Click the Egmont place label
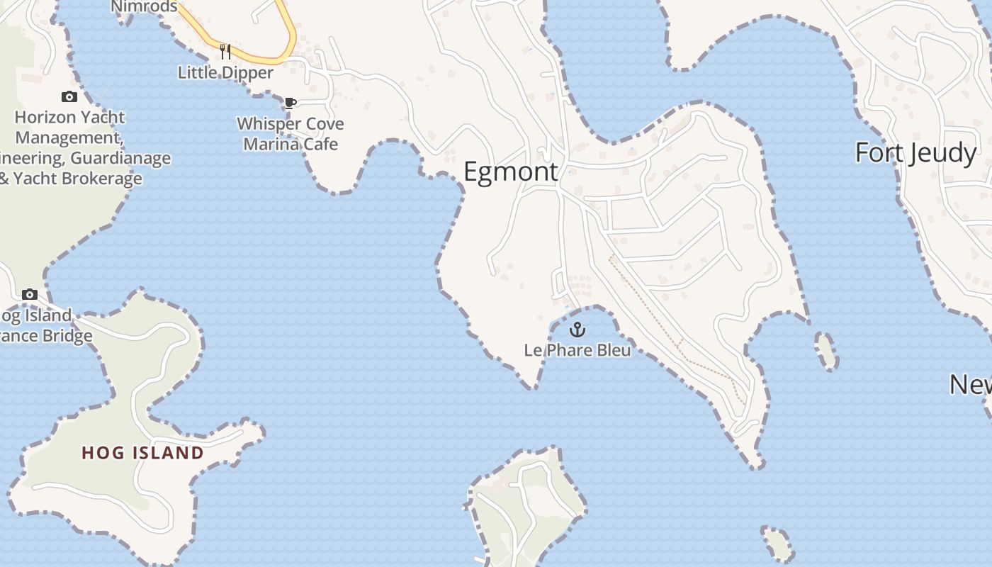click(510, 172)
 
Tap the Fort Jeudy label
click(915, 153)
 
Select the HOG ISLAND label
click(142, 453)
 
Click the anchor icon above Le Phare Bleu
click(577, 330)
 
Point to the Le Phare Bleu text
click(577, 349)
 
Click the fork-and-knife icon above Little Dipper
click(225, 51)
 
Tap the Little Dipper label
click(225, 72)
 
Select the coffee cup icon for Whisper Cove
click(290, 103)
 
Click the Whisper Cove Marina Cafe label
click(291, 134)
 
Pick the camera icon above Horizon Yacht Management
click(69, 97)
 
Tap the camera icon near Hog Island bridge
click(30, 294)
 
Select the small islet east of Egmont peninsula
click(826, 351)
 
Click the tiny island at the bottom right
click(777, 544)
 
